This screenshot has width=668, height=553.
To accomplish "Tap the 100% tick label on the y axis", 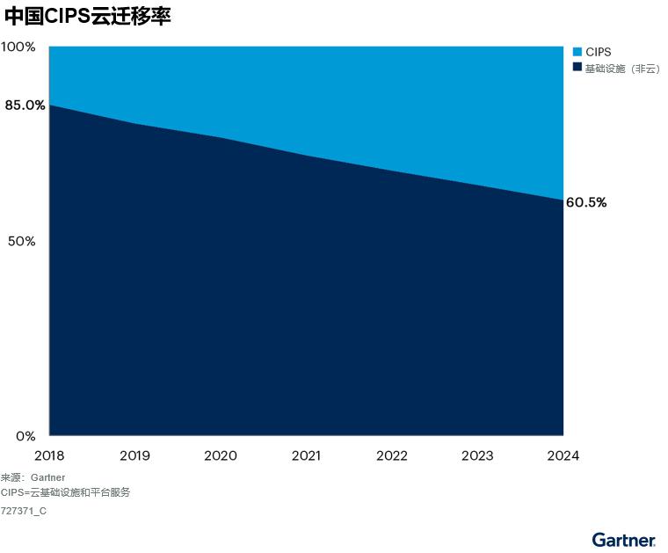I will coord(18,47).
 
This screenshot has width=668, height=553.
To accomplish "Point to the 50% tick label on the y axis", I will coord(21,241).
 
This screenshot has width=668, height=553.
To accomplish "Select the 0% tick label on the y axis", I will coord(25,436).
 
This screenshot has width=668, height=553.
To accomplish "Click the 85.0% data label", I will coord(25,106).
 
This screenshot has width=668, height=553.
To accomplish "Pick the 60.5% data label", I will coord(586,202).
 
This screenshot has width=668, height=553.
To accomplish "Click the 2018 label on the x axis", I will coord(49,455).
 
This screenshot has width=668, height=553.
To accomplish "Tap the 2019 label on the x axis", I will coord(134,455).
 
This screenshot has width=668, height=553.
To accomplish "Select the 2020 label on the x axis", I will coord(221,455).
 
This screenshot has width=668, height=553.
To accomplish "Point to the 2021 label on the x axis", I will coord(306,455).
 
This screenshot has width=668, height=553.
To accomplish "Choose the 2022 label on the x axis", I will coord(392,455).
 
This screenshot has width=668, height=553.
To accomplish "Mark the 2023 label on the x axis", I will coord(477,455).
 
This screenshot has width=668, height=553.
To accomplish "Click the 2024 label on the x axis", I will coord(563,455).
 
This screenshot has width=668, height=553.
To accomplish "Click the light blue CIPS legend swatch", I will coord(577,53).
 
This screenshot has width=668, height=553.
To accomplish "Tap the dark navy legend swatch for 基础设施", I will coord(577,68).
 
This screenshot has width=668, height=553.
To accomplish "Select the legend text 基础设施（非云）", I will coord(622,68).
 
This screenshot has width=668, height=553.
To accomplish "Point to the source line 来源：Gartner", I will coord(33,477).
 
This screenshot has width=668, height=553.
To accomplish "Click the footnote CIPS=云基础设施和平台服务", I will coord(65,492).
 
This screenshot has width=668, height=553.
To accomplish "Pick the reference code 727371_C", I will coord(24,511).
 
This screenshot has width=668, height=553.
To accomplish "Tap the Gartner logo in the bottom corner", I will coord(623,539).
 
